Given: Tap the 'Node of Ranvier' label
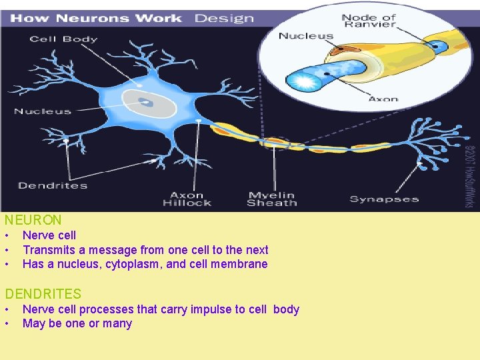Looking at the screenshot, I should point(369,21).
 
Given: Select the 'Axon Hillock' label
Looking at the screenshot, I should point(187,199).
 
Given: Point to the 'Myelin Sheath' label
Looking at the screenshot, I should point(271,199).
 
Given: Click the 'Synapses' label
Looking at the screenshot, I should point(384,199).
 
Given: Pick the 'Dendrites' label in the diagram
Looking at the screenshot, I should point(53,185).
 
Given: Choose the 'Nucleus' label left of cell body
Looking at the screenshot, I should point(42,111).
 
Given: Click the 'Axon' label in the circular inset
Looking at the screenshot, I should point(383,99).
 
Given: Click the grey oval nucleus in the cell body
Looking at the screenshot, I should point(148,104).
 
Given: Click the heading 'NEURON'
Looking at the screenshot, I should point(33,219).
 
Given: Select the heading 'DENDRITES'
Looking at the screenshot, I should point(43,293).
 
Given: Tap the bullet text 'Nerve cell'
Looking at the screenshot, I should point(49,235).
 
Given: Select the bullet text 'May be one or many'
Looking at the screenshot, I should point(77,324).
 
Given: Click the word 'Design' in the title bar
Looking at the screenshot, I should point(224,17).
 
